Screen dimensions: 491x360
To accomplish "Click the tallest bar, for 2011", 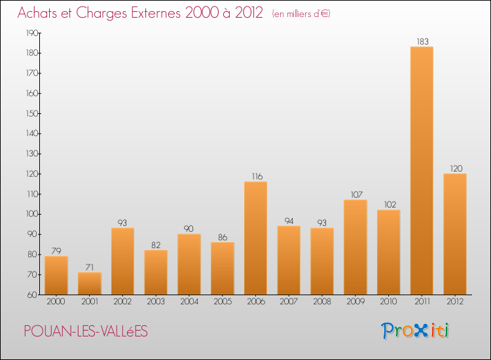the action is pos(422,171).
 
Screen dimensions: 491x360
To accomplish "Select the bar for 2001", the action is pos(90,283).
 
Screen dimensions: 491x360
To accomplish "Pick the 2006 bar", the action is pos(255,238).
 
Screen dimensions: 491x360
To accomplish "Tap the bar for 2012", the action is pos(455,234).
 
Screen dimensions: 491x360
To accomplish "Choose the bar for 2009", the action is pos(355,247).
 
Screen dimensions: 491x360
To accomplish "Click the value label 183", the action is pos(422,41).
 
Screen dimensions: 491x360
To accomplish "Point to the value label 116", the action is pos(257,177).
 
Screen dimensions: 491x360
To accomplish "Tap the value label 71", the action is pos(90,267).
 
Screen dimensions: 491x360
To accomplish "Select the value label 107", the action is pos(357,194).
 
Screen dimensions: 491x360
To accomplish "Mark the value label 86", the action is pos(223,238).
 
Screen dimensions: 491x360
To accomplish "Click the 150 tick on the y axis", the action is pos(32,113).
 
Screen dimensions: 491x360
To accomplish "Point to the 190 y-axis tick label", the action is pos(32,33).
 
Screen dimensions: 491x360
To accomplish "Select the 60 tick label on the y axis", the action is pos(32,295).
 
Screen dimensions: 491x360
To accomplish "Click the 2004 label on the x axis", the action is pos(189,302).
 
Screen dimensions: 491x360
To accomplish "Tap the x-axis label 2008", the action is pos(322,302).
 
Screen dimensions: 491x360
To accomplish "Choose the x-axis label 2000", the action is pos(56,302).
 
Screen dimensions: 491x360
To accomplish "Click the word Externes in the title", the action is pos(156,13).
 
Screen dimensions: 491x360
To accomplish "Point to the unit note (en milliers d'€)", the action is pos(301,14).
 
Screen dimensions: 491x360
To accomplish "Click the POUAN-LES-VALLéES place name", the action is pos(86,331).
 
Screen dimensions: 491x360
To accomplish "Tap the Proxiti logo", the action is pos(415,331).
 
